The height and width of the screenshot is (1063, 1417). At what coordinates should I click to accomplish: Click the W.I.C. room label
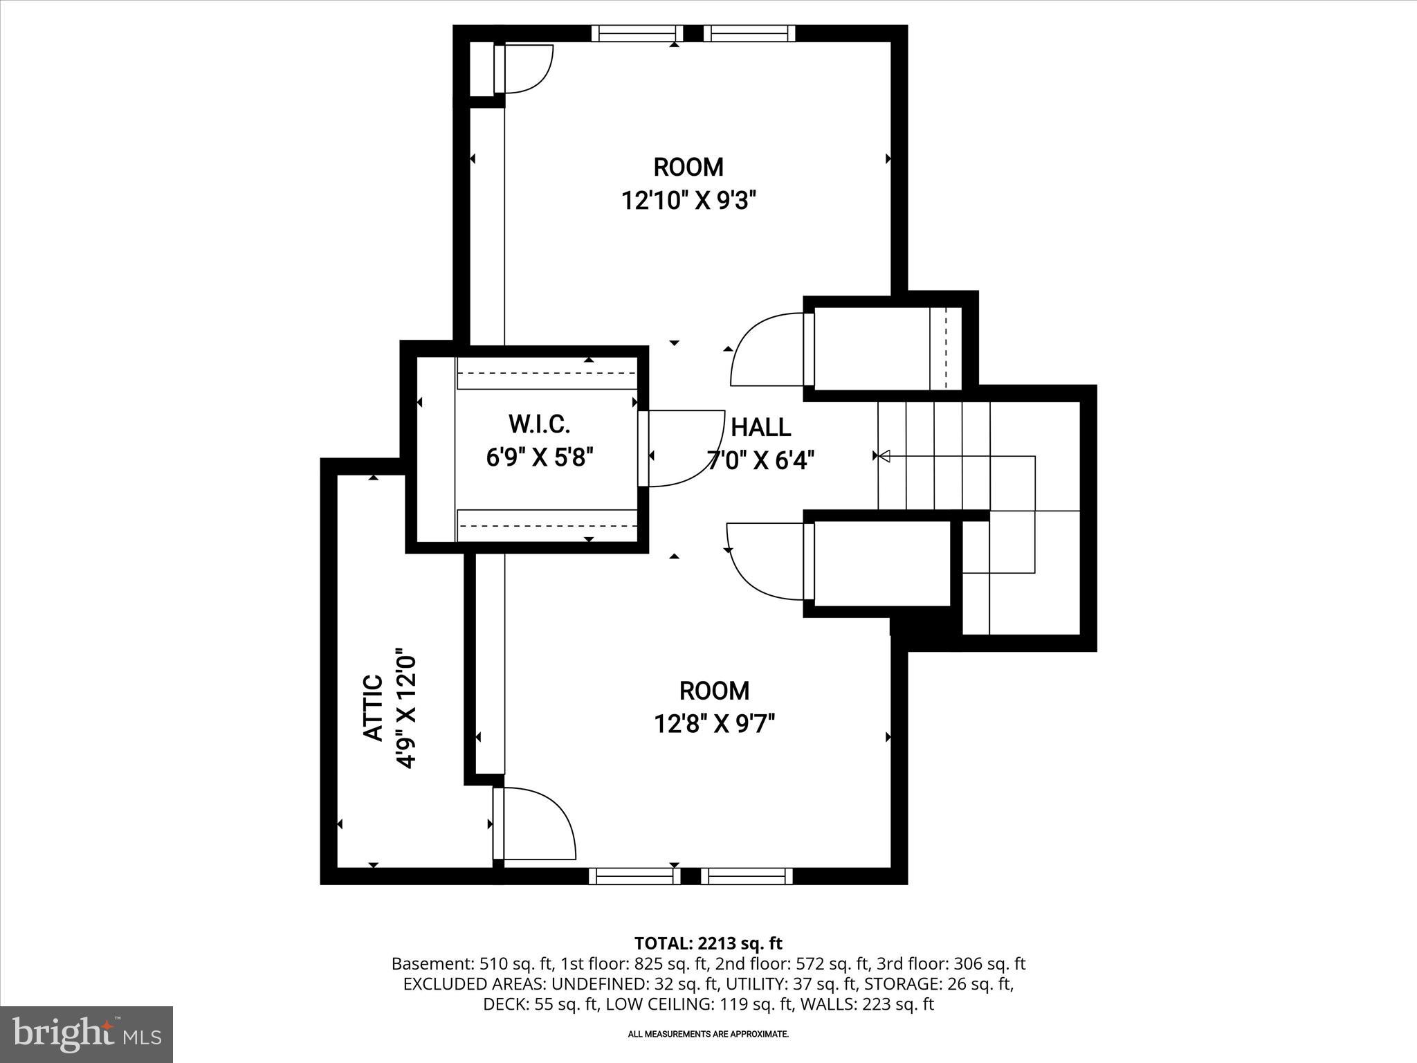(539, 424)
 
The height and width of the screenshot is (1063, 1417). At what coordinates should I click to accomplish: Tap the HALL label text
(760, 427)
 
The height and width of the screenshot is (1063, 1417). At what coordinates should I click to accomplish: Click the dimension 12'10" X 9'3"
(688, 201)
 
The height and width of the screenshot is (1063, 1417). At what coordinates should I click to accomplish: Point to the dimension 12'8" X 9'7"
(714, 724)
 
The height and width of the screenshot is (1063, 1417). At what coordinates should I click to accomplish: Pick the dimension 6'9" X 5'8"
(540, 457)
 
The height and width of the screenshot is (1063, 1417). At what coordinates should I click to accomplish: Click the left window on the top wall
(637, 33)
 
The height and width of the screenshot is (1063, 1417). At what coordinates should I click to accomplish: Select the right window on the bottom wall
(747, 876)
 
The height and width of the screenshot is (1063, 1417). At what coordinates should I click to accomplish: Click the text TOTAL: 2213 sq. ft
(708, 943)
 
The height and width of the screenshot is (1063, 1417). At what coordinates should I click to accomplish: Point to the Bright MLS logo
(86, 1034)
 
